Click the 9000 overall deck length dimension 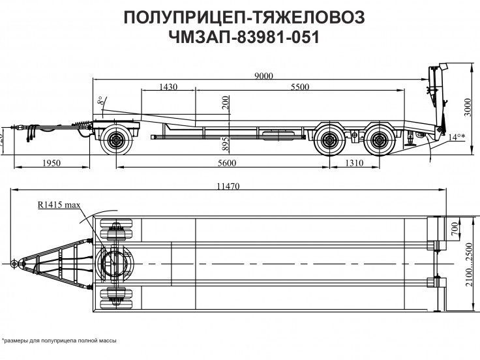[x=264, y=76]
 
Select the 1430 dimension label [x=168, y=87]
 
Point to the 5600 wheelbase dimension [x=223, y=162]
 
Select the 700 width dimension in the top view [x=455, y=229]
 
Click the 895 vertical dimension [x=226, y=143]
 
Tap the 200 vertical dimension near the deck [x=226, y=104]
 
